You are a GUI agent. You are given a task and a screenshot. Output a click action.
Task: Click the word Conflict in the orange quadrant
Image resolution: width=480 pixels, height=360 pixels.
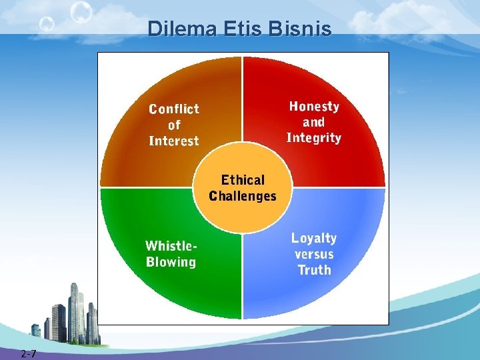tap(174, 109)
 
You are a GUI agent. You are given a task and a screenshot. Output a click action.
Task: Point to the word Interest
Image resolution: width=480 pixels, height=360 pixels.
tap(174, 141)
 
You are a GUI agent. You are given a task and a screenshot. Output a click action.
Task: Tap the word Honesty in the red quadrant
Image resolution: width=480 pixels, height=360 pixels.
tap(314, 106)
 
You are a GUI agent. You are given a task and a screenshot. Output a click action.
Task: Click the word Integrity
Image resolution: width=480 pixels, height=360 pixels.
tap(314, 138)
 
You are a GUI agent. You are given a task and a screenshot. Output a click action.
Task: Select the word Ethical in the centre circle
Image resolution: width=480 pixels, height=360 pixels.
tap(243, 180)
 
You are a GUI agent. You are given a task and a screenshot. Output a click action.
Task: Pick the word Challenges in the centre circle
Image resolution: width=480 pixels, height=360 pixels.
tap(243, 196)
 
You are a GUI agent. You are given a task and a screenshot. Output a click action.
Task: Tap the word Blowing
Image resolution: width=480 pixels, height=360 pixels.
tap(171, 261)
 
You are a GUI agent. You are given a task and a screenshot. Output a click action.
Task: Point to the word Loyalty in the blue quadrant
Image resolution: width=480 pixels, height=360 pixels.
tap(314, 238)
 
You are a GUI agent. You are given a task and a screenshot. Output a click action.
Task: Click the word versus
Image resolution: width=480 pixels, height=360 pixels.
tap(314, 254)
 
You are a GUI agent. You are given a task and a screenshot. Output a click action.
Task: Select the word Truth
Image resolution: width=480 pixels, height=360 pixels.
tap(314, 270)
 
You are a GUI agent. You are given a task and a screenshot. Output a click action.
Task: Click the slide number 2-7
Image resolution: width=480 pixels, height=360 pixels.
tap(28, 353)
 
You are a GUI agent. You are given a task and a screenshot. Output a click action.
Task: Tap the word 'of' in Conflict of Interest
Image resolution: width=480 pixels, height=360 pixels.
tap(174, 125)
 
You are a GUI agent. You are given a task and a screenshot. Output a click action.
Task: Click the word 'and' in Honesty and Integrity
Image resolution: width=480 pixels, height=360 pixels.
tap(314, 122)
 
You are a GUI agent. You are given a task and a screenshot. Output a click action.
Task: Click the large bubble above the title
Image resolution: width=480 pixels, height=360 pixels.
tap(81, 11)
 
